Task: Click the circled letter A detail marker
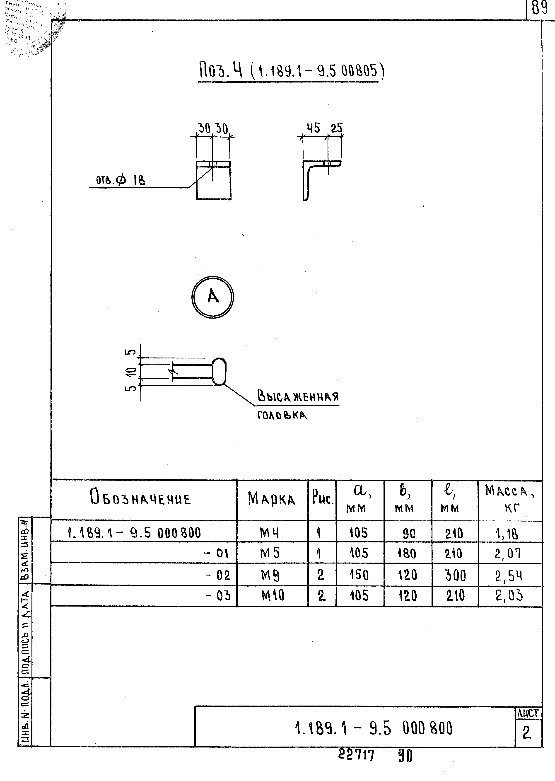tap(212, 297)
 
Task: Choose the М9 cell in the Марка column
tap(270, 575)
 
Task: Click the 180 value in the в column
tap(407, 554)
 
